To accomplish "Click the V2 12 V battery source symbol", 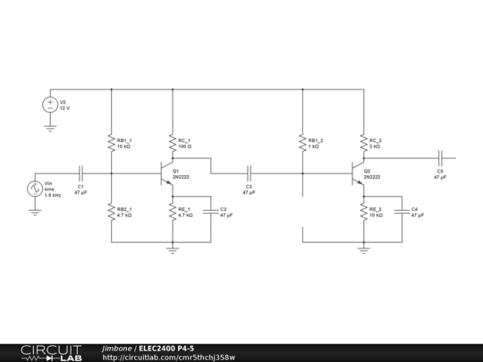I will [50, 105].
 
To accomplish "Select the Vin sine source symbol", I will [36, 189].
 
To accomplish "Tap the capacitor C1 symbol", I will [80, 173].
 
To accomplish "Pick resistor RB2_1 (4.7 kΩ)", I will [111, 212].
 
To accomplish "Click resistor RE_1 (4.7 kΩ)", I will [173, 212].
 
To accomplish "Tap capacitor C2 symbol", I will [210, 212].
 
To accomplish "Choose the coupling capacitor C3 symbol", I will [249, 173].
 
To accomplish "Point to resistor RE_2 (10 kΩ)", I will [364, 212].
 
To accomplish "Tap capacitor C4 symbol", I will [402, 212].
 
